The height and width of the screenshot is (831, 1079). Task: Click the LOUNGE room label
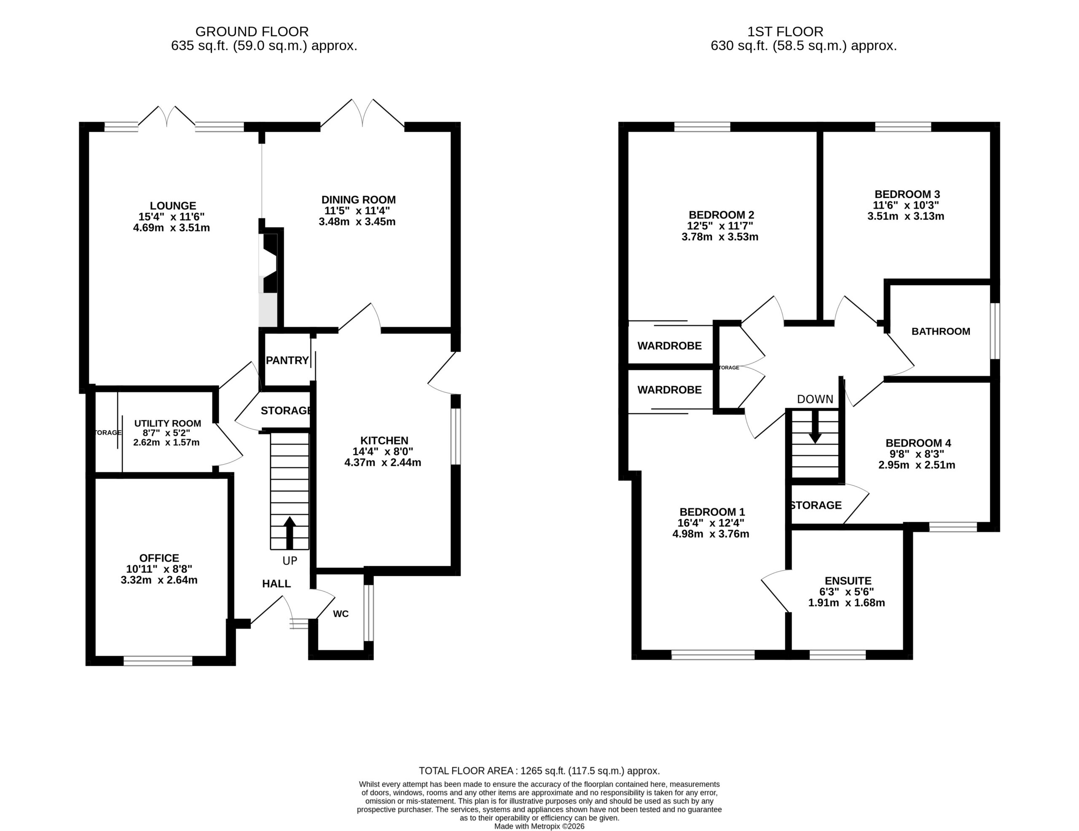pyautogui.click(x=173, y=206)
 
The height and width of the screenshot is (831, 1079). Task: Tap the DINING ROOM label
pyautogui.click(x=359, y=200)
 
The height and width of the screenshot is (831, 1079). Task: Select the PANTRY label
pyautogui.click(x=287, y=361)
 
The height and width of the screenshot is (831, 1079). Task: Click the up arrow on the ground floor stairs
pyautogui.click(x=290, y=533)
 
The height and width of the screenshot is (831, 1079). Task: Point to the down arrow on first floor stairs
pyautogui.click(x=815, y=427)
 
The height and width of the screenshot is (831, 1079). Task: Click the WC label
pyautogui.click(x=341, y=614)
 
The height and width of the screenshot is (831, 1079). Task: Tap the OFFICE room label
pyautogui.click(x=159, y=558)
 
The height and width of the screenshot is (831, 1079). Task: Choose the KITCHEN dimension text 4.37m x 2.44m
pyautogui.click(x=383, y=462)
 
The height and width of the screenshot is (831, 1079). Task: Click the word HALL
pyautogui.click(x=276, y=584)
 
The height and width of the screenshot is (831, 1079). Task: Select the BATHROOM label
pyautogui.click(x=941, y=331)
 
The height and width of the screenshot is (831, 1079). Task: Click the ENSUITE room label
pyautogui.click(x=848, y=581)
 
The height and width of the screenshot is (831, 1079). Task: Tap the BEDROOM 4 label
pyautogui.click(x=918, y=443)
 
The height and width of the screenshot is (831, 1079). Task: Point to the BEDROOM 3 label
pyautogui.click(x=907, y=194)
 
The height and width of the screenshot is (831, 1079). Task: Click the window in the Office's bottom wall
pyautogui.click(x=158, y=661)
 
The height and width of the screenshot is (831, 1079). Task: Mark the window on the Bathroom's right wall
pyautogui.click(x=995, y=331)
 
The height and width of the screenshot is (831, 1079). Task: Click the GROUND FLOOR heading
pyautogui.click(x=252, y=32)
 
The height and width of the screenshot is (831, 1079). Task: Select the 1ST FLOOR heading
pyautogui.click(x=785, y=32)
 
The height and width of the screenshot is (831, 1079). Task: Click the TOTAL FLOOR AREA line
pyautogui.click(x=539, y=771)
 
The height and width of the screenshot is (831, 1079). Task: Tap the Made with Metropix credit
pyautogui.click(x=539, y=826)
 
